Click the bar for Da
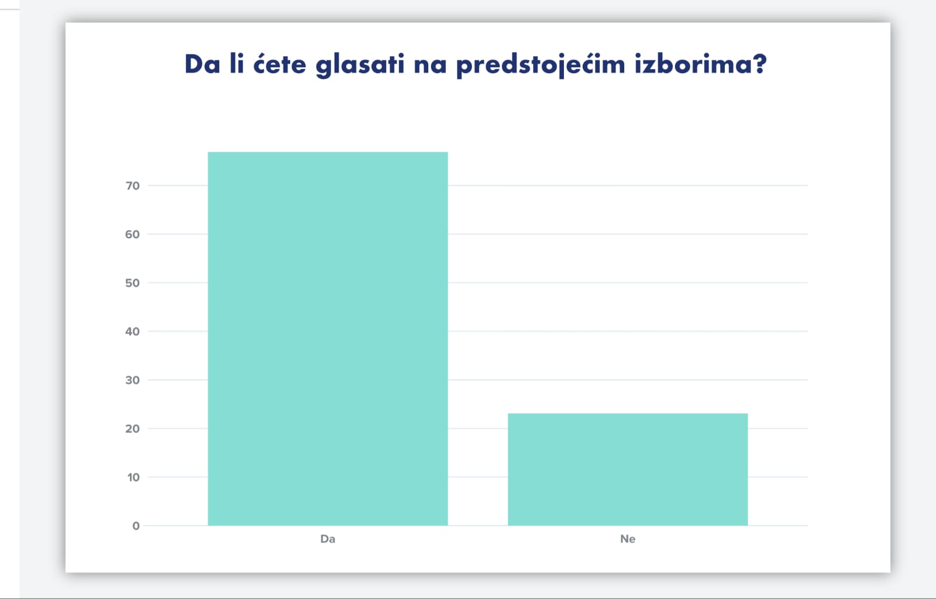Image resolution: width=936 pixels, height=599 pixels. (328, 339)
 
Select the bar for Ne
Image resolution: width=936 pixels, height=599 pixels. (628, 470)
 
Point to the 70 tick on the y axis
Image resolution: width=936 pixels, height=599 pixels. (132, 186)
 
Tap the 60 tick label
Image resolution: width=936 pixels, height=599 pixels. (132, 235)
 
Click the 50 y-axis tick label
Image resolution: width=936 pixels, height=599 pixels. (132, 283)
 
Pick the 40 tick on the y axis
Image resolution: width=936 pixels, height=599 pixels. (132, 332)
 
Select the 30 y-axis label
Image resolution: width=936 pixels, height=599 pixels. (132, 380)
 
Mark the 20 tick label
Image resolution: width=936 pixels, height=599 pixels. (132, 429)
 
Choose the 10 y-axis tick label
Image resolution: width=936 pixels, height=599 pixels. (133, 477)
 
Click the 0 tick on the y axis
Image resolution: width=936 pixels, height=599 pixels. (136, 526)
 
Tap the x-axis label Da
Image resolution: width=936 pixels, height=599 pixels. (328, 539)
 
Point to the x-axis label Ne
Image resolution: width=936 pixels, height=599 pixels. (628, 539)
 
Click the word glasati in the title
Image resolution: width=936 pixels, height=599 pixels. (360, 65)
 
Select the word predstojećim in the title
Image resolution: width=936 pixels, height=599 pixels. (541, 65)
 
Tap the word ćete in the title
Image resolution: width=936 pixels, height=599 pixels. (280, 64)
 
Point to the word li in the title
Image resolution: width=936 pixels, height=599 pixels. (236, 64)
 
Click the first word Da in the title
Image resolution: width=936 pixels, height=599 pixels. (202, 64)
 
